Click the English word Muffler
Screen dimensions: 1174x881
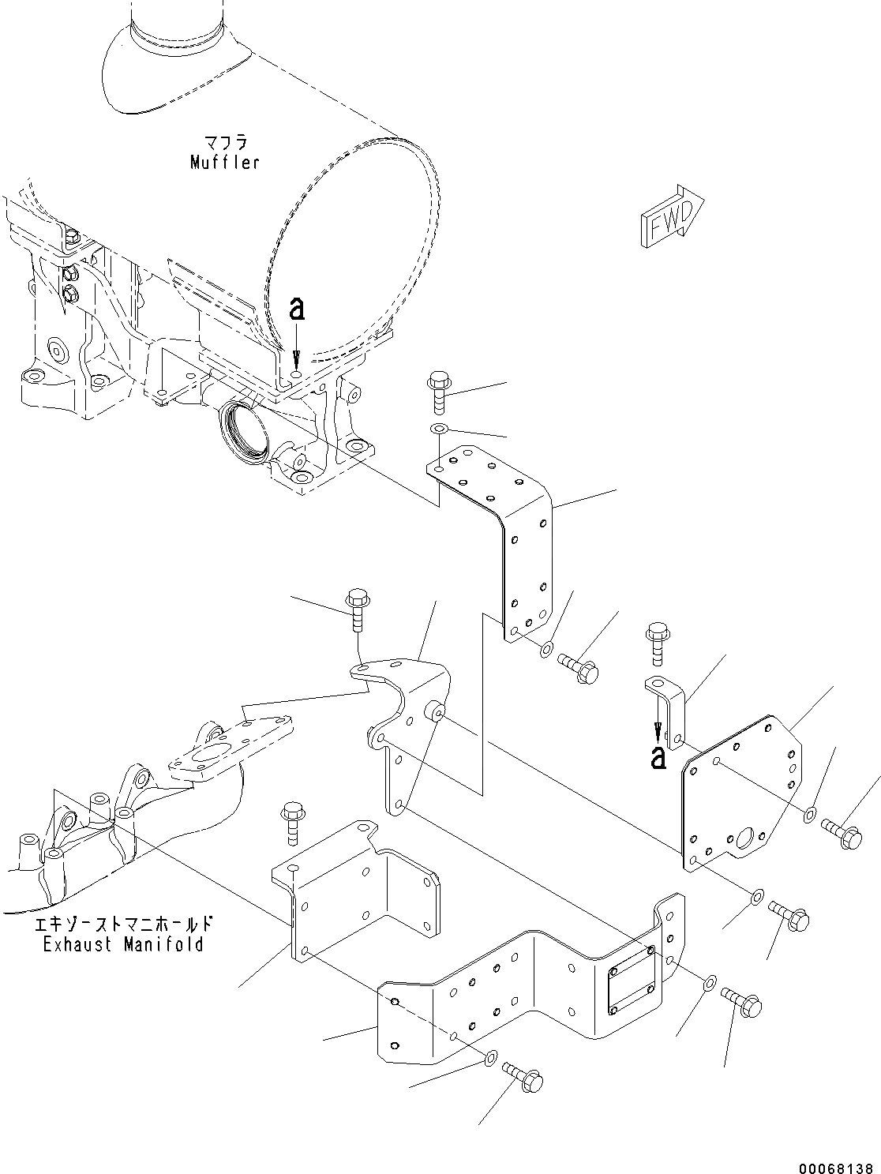tap(225, 163)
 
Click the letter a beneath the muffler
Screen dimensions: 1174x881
tap(296, 310)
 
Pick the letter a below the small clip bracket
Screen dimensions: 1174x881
tap(657, 759)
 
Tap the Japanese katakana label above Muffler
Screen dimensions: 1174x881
tap(225, 144)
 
